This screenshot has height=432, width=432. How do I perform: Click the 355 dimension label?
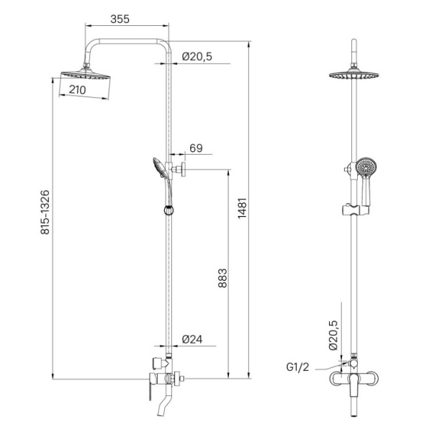click(120, 19)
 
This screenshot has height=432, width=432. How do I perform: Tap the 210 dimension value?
click(78, 90)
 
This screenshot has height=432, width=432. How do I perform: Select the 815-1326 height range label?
click(45, 212)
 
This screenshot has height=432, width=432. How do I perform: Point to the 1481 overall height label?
click(243, 208)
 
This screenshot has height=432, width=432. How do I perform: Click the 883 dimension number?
click(222, 278)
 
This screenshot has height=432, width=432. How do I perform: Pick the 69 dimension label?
click(196, 148)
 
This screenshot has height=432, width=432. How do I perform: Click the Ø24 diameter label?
click(192, 339)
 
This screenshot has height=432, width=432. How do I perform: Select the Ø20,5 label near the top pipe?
click(197, 56)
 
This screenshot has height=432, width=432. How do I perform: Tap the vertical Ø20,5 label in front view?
click(333, 335)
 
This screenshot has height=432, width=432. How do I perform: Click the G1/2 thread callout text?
click(297, 367)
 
